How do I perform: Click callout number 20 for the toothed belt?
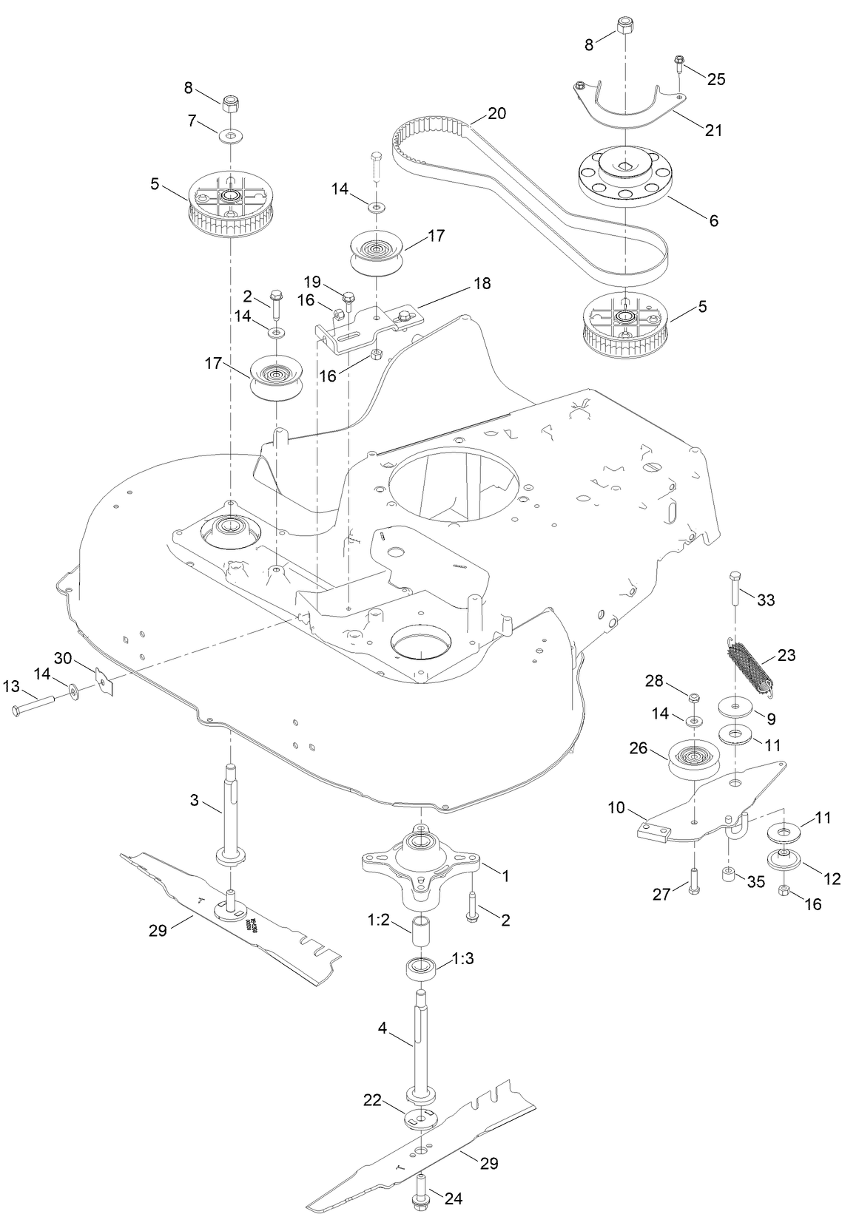497,114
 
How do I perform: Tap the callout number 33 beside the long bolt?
766,600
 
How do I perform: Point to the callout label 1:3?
461,960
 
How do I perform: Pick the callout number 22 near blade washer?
372,1101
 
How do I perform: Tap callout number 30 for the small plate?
62,658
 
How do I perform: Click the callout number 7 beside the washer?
191,120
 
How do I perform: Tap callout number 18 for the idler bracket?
482,282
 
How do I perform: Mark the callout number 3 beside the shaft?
195,800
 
